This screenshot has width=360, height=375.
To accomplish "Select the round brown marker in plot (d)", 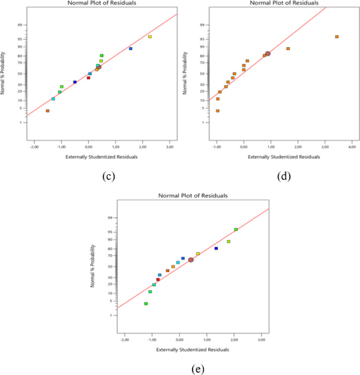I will point(267,54).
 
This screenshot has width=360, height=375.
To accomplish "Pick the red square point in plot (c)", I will point(88,78).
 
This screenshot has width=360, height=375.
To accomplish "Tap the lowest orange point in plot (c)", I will point(48,111).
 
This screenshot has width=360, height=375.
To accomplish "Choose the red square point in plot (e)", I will point(158,280).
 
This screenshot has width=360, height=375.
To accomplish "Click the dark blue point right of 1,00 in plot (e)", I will point(216,248).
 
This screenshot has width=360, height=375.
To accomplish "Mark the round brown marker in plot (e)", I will point(191,260).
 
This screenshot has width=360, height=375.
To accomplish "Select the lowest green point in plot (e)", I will point(146,304).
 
